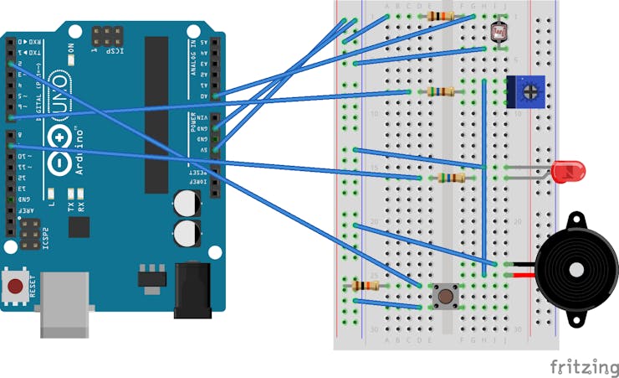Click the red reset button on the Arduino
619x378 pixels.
(15, 287)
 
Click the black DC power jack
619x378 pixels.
(193, 290)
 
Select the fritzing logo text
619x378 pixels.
(583, 366)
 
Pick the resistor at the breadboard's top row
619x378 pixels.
(440, 16)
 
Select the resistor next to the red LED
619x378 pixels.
(450, 178)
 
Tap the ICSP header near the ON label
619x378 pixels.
(106, 37)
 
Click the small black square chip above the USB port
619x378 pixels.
(80, 227)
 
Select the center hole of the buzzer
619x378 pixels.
(577, 270)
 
